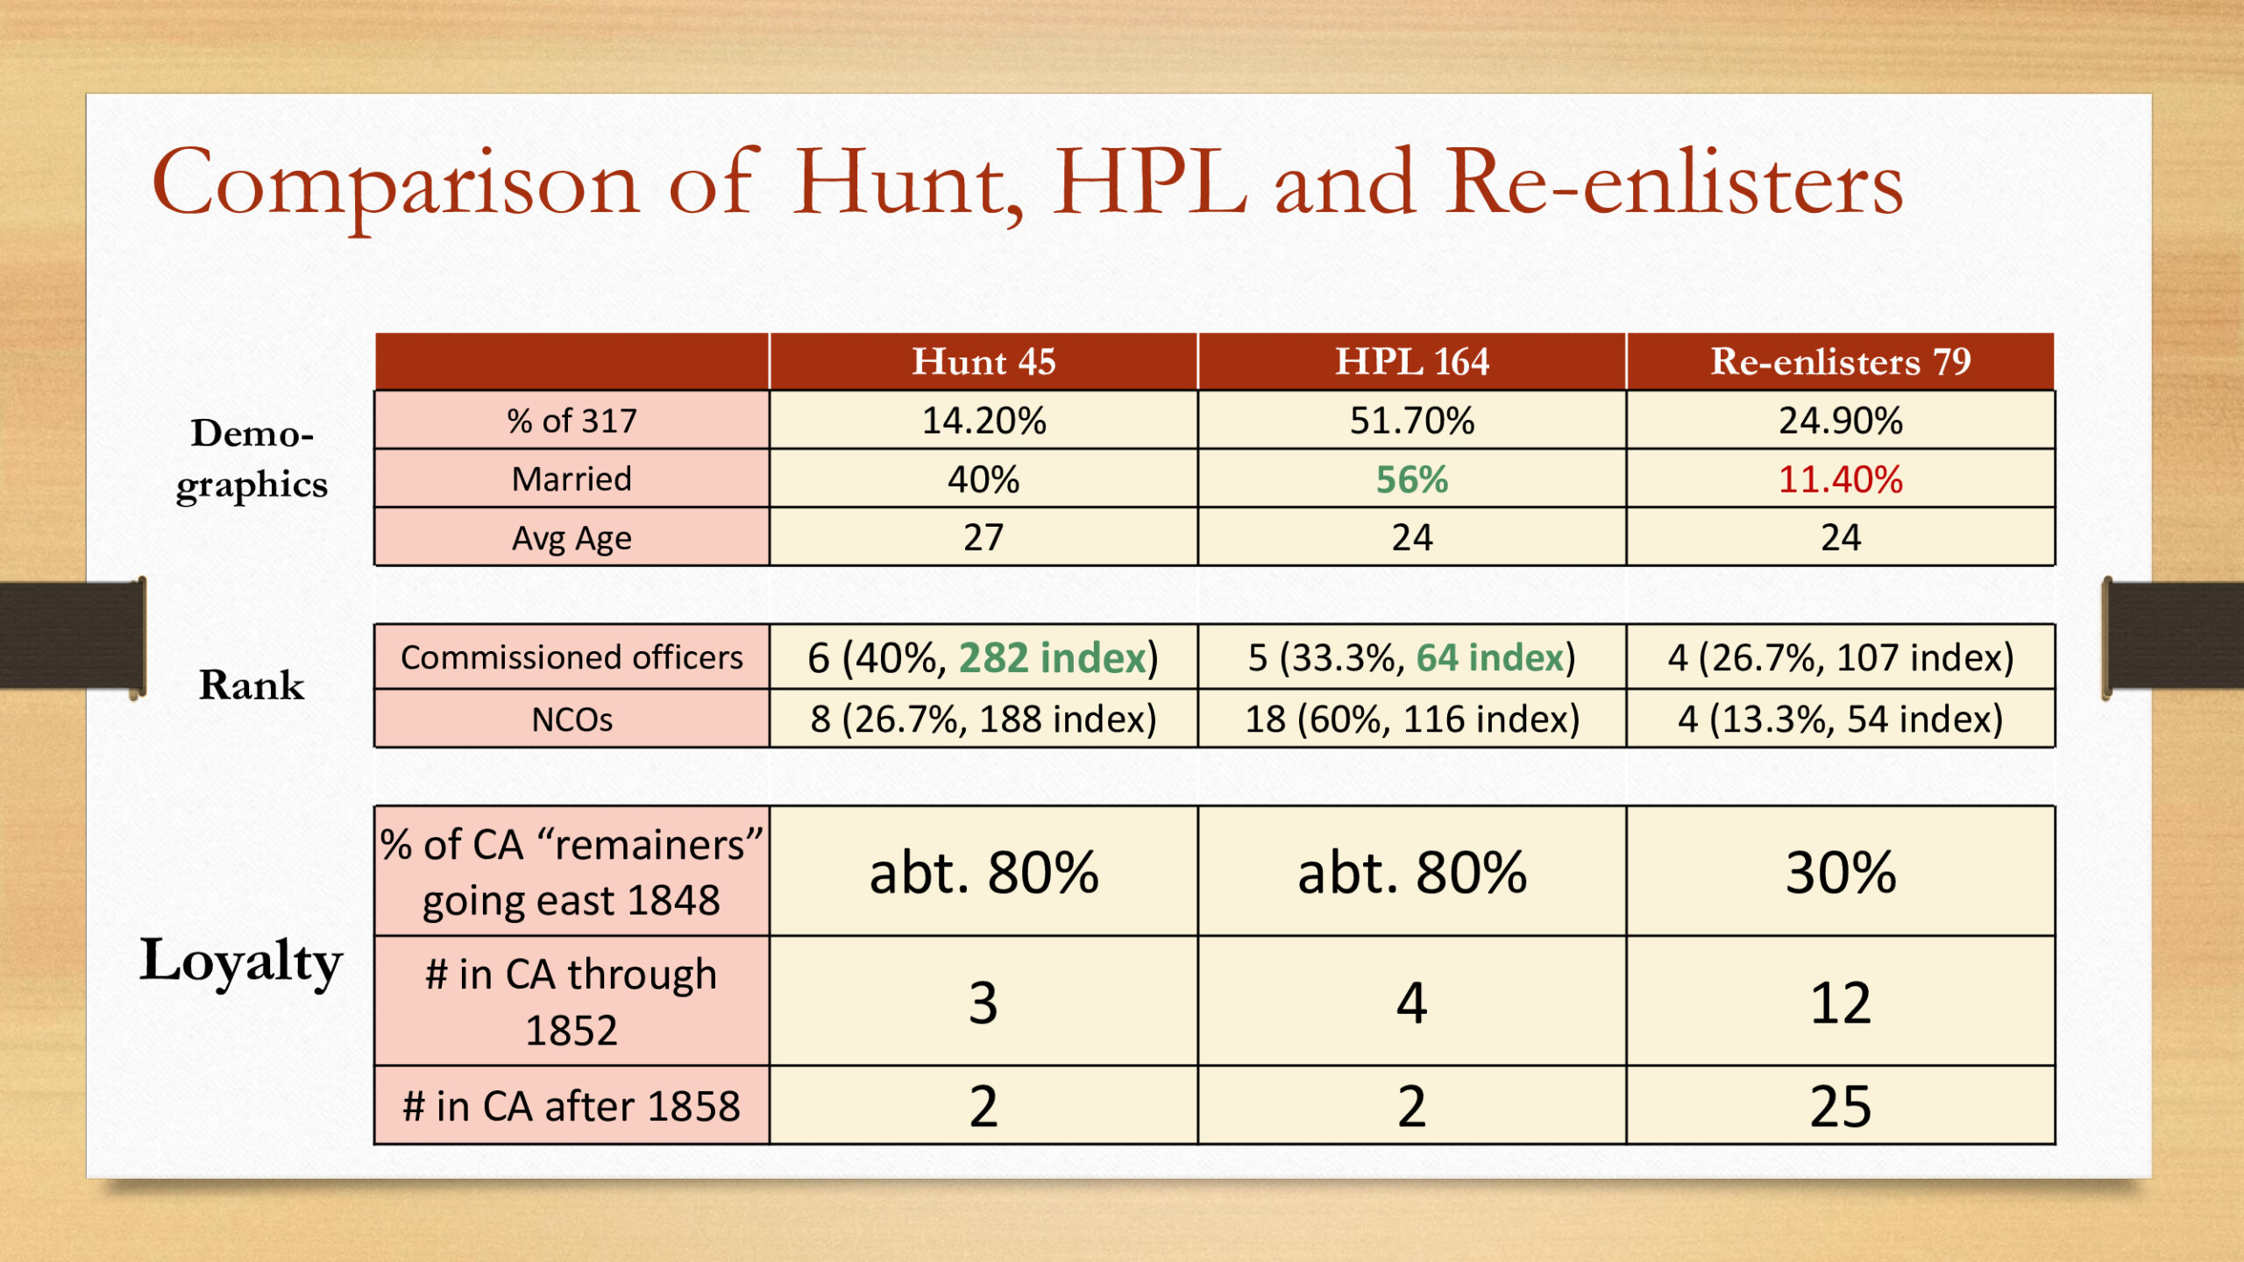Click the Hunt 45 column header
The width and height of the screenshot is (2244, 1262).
point(984,362)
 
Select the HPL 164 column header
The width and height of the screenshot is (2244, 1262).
point(1412,362)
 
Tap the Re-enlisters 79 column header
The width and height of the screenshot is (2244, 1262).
point(1841,362)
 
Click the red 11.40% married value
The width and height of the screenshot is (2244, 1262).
point(1841,479)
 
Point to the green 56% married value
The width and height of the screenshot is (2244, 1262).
point(1412,479)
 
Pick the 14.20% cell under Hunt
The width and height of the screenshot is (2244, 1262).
point(984,421)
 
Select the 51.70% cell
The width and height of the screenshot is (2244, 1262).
point(1412,421)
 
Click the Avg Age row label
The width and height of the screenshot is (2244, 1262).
point(572,538)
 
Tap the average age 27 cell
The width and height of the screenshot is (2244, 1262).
point(984,537)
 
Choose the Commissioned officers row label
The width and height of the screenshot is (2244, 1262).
point(572,657)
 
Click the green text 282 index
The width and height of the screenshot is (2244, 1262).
point(1052,657)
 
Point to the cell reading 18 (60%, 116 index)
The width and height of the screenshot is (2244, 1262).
point(1412,720)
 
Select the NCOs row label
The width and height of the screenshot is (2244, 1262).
point(572,720)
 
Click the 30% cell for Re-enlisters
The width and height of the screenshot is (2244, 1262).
point(1841,872)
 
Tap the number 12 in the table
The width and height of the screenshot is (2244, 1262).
point(1841,1003)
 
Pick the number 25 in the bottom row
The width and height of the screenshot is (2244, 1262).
point(1841,1106)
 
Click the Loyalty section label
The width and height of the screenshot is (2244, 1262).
point(241,962)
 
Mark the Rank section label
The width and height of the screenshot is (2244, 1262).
point(252,684)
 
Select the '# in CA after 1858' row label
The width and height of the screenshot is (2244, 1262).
point(572,1106)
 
